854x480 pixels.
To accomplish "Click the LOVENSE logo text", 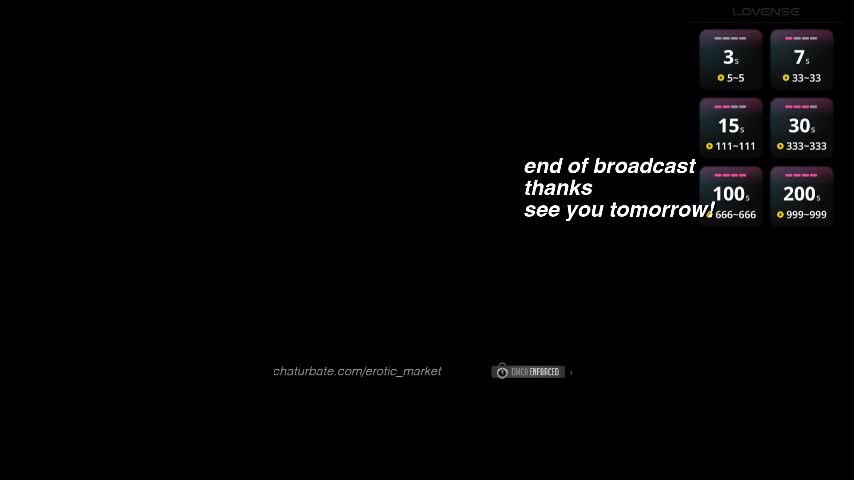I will [766, 12].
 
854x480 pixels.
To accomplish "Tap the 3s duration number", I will [730, 58].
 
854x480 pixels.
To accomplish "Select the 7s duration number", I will [801, 58].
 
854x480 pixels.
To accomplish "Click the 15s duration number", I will [730, 126].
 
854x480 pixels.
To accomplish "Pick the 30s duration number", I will [801, 126].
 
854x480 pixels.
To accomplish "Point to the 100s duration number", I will [730, 194].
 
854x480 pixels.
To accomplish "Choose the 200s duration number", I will [801, 194].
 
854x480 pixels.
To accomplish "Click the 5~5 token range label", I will [736, 78].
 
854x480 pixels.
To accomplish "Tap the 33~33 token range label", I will [806, 78].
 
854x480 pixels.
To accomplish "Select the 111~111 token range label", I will [735, 146].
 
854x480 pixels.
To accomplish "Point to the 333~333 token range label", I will [806, 146].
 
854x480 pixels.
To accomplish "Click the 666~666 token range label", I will [735, 214].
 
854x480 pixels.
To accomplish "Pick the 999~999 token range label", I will [806, 214].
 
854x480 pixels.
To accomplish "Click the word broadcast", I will [644, 166].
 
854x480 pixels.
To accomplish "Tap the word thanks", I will [558, 188].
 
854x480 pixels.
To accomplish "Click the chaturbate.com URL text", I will [357, 371].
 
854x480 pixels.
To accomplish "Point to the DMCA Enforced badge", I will [528, 372].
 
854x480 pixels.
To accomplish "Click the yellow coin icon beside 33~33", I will [786, 78].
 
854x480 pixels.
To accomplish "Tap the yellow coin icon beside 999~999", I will [780, 214].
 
